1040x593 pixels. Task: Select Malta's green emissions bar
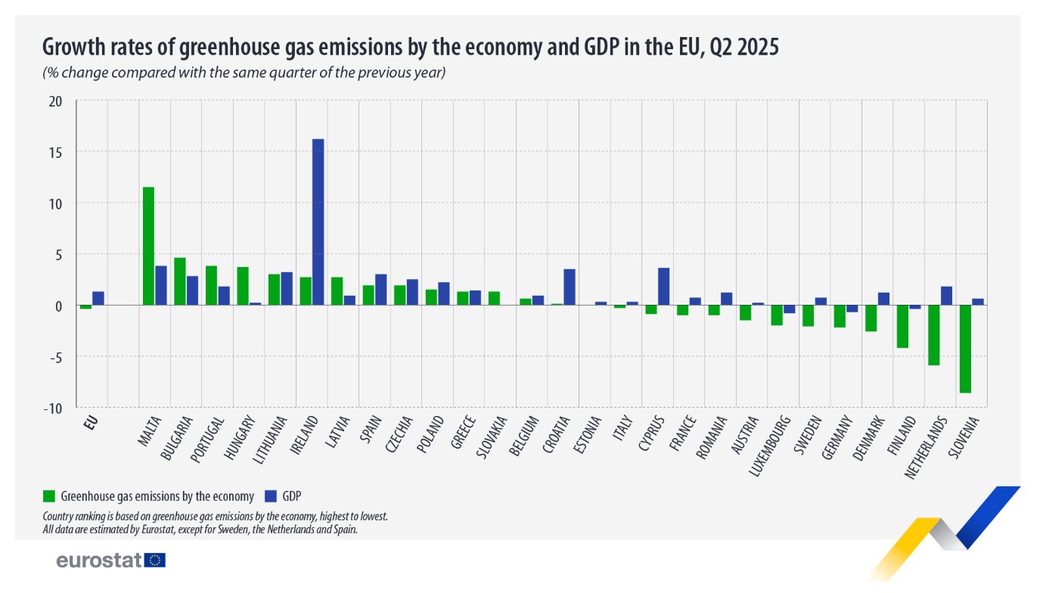coord(148,246)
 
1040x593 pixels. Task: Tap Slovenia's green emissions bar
coord(965,349)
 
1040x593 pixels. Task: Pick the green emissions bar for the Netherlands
coord(933,335)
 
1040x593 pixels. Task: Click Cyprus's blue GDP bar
coord(663,287)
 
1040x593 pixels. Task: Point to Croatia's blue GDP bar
coord(570,287)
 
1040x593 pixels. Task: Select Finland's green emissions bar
coord(902,327)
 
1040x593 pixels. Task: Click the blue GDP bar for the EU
coord(98,298)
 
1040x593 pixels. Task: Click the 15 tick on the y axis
coord(64,152)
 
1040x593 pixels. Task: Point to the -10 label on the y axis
coord(62,408)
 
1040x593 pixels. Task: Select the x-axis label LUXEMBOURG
coord(771,445)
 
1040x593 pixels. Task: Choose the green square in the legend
coord(50,496)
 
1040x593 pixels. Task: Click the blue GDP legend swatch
coord(271,496)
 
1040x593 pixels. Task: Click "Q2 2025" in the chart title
coord(745,48)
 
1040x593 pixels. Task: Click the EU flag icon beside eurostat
coord(156,560)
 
